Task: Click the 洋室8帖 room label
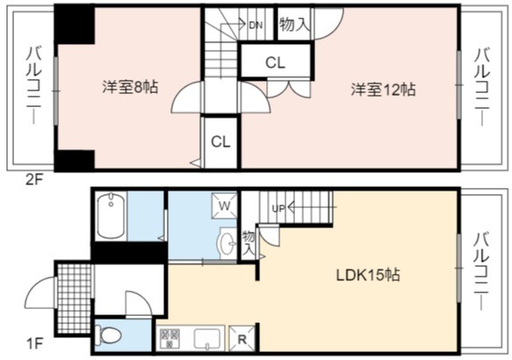pos(130,88)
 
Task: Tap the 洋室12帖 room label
pos(384,89)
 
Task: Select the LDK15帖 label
pos(368,275)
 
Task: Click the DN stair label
pos(256,25)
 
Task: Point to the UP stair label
pos(278,209)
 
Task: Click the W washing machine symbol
pos(224,205)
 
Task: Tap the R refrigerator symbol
pos(242,340)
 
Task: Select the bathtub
pos(111,215)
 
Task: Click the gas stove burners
pos(170,338)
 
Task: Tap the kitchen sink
pos(207,339)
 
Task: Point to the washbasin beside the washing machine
pos(227,242)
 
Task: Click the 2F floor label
pos(34,179)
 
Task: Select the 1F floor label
pos(34,343)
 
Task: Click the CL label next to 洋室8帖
pos(220,141)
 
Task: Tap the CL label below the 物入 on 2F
pos(275,62)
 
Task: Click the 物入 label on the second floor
pos(294,25)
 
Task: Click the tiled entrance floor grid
pos(75,299)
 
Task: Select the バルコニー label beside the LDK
pos(481,271)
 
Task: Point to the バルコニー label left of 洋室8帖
pos(33,86)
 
